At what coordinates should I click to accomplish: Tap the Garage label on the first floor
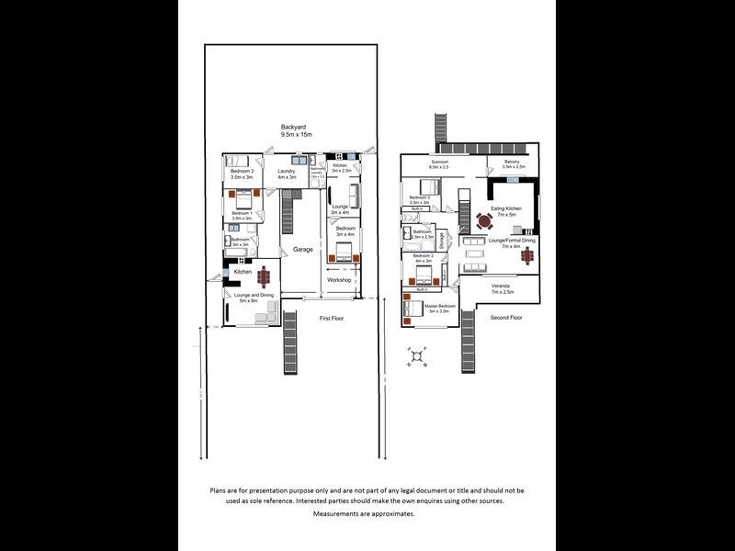303,249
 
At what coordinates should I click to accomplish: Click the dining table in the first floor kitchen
266,275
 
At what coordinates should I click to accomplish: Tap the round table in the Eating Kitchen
485,220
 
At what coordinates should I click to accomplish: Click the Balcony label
514,164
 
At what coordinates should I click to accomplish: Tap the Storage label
442,241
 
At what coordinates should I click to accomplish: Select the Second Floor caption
505,318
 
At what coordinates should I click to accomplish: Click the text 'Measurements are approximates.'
364,514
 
